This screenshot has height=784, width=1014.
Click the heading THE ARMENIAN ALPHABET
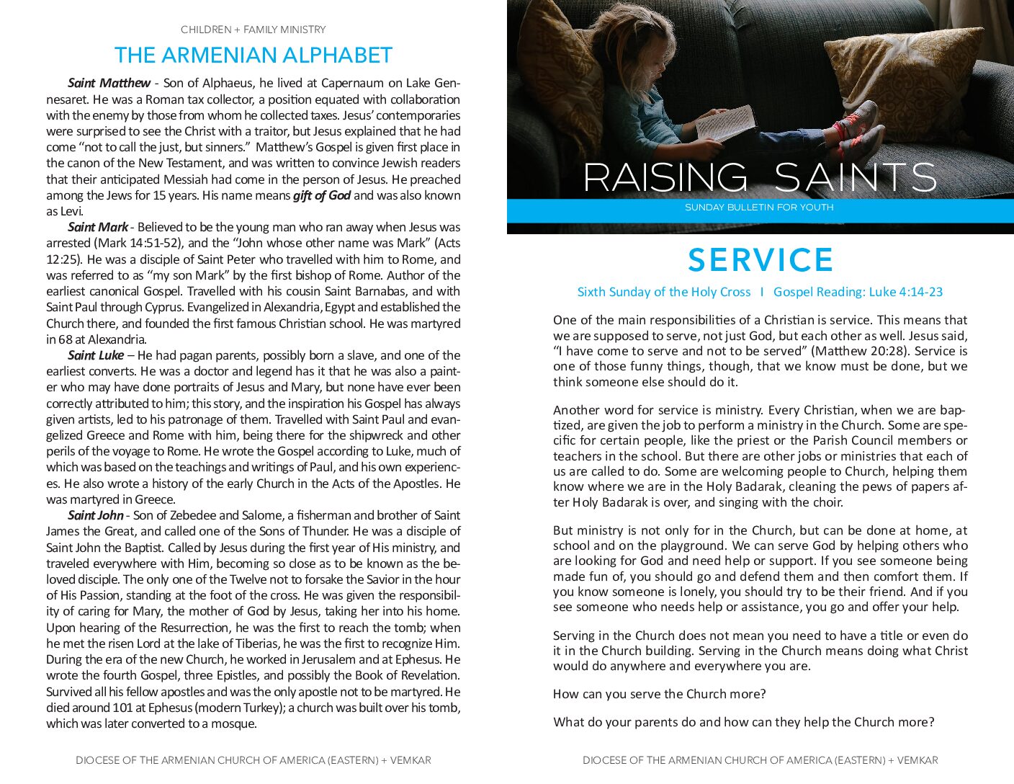253,55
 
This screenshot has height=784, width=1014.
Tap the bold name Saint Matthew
109,83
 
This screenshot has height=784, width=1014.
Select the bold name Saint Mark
98,227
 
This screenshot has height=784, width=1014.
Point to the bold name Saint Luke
96,355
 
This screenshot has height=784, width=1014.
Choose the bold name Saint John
96,515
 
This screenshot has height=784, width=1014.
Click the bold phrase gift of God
321,195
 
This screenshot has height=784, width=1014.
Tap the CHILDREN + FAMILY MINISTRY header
253,30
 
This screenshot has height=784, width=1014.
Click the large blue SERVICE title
760,260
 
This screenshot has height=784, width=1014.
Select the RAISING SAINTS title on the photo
760,177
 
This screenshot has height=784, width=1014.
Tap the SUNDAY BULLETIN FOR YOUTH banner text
759,208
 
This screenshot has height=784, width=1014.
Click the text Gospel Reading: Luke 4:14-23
858,292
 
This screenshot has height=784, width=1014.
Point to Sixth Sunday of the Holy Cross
663,292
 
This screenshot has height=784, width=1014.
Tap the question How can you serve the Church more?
659,694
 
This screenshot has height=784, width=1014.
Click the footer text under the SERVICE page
760,760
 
